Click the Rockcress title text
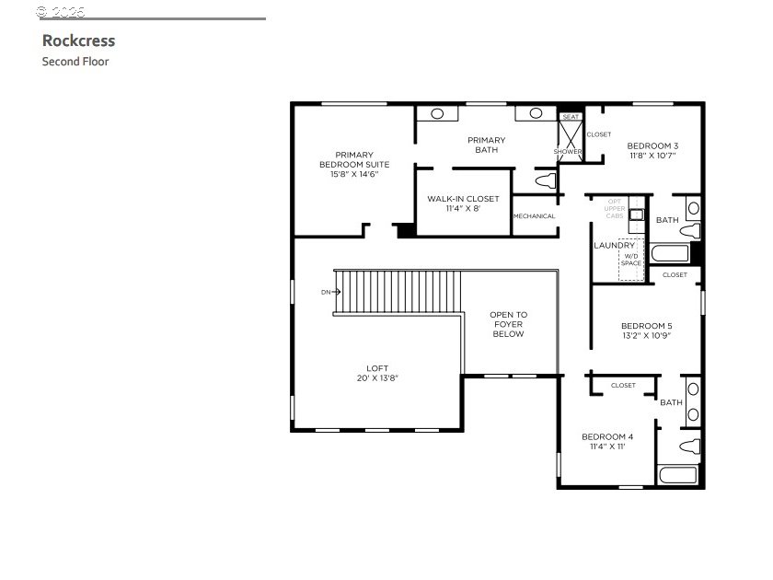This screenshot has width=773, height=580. tap(78, 41)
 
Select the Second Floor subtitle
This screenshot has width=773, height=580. tap(75, 62)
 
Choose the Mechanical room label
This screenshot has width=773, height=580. tap(535, 216)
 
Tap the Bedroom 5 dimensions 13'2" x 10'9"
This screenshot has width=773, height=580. tap(646, 336)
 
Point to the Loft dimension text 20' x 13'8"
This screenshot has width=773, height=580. tap(377, 378)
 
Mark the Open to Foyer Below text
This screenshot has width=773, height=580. tap(509, 324)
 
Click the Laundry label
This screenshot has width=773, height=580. tap(614, 246)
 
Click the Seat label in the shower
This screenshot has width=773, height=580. tap(571, 117)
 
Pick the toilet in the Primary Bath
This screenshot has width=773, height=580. tap(547, 180)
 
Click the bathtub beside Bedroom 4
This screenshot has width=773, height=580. tap(679, 476)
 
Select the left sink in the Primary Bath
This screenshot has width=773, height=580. tap(435, 113)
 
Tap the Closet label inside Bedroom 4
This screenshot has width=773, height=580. tap(623, 386)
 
